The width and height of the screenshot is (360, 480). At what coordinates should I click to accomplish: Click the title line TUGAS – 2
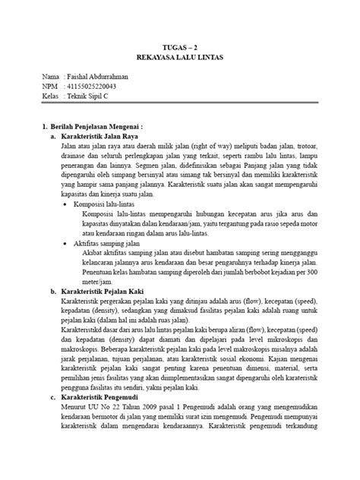pos(180,45)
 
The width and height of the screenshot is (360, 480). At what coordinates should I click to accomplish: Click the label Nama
pos(50,77)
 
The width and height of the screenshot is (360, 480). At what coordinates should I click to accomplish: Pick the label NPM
pos(50,88)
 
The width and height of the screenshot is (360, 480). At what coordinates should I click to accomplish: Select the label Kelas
pos(51,99)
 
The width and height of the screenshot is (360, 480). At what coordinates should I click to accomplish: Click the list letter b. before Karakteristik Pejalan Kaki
pos(52,291)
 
